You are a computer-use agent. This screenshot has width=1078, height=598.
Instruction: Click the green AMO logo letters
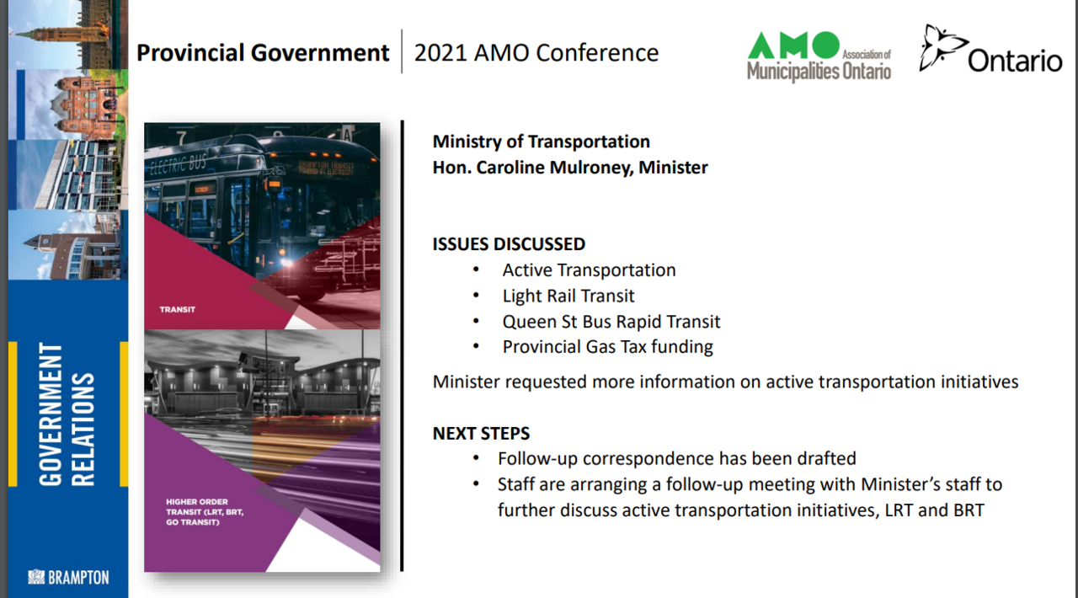click(x=793, y=45)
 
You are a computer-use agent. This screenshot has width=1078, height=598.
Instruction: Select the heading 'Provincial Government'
click(x=263, y=52)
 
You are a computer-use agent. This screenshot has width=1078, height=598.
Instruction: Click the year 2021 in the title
click(x=440, y=52)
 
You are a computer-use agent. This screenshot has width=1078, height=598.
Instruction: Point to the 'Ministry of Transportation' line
click(x=542, y=141)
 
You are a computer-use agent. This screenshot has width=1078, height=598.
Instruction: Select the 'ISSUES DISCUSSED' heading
click(x=510, y=244)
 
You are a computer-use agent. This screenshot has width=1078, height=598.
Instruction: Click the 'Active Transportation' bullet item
click(x=589, y=270)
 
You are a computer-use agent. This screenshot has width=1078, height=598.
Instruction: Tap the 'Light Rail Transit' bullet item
click(x=568, y=296)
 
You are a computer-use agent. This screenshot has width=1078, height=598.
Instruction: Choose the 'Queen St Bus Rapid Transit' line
click(x=611, y=322)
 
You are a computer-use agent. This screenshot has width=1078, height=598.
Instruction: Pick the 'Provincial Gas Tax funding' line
click(x=608, y=347)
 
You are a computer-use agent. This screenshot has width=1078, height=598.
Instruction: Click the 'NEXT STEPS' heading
click(x=481, y=433)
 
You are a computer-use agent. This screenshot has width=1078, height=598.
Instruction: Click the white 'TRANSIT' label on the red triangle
click(x=178, y=310)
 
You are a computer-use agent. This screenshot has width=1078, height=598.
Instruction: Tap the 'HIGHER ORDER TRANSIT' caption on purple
click(x=205, y=512)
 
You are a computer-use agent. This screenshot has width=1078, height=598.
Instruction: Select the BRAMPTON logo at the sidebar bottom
click(x=69, y=577)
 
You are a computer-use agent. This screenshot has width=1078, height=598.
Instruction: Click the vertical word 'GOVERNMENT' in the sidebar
click(x=51, y=414)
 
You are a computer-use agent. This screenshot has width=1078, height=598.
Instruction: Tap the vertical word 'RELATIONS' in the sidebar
click(x=83, y=429)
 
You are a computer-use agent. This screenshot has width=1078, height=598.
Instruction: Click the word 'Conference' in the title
click(x=597, y=52)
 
